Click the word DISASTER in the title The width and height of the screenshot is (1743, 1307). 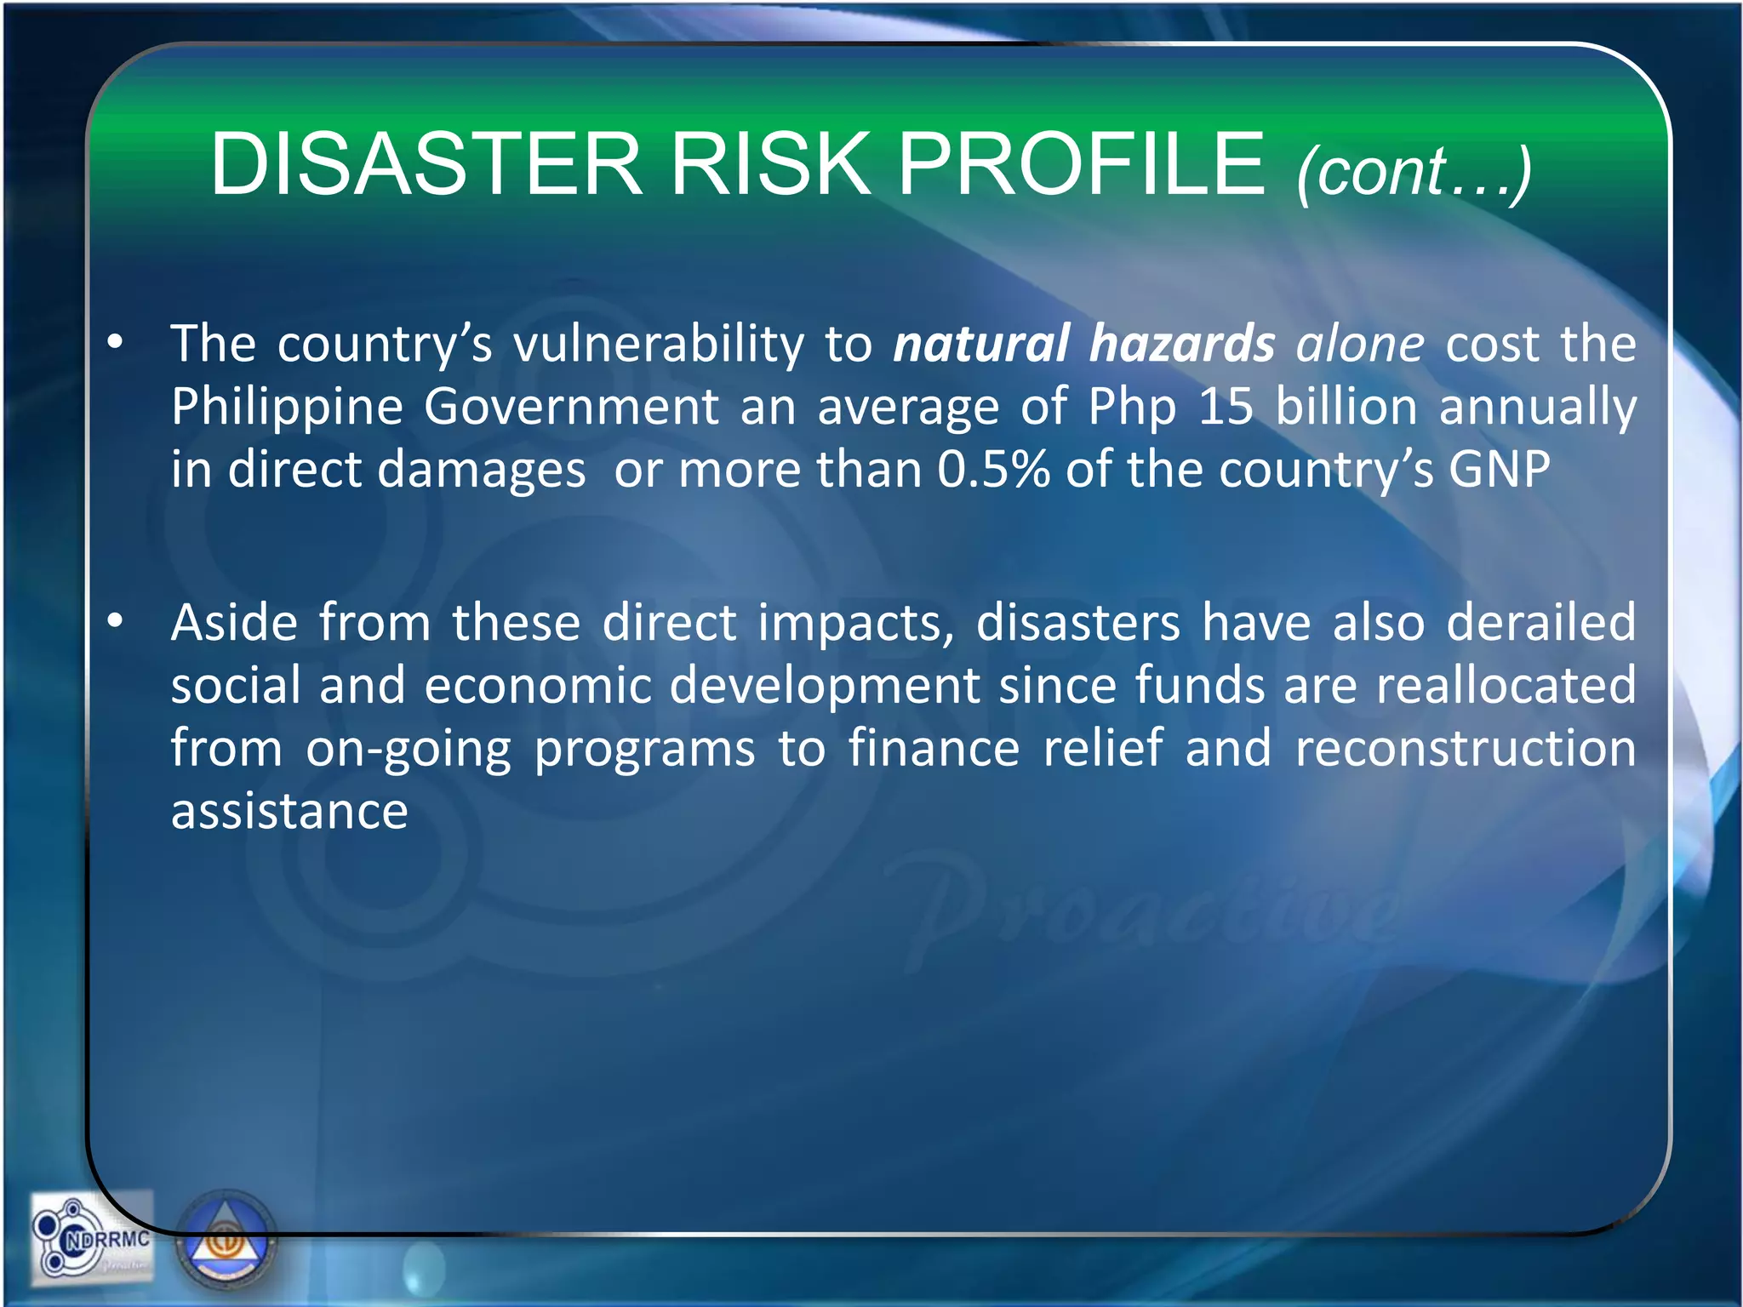click(426, 163)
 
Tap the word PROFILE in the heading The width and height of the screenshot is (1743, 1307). click(1081, 163)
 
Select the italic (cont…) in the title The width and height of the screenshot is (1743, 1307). click(1414, 172)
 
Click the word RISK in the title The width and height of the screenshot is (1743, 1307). click(770, 163)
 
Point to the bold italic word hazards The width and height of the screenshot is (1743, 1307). click(1182, 344)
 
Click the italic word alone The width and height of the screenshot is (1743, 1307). click(1360, 344)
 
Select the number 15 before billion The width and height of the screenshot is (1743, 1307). click(1226, 407)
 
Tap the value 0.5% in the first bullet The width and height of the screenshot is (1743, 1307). click(993, 470)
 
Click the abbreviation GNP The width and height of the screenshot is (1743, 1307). click(1500, 470)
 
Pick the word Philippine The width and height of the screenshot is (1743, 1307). click(287, 407)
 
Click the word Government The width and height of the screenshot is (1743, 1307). click(572, 407)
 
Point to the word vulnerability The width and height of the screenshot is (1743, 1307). click(658, 344)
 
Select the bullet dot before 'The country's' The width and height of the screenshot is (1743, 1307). click(116, 344)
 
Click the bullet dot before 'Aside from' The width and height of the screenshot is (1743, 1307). click(116, 622)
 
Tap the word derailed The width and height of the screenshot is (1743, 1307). click(1541, 622)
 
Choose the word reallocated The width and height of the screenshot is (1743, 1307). click(1506, 685)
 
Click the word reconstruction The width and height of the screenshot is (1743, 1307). click(1465, 748)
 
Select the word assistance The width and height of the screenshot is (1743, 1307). click(289, 811)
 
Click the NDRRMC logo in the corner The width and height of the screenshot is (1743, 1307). click(92, 1238)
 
